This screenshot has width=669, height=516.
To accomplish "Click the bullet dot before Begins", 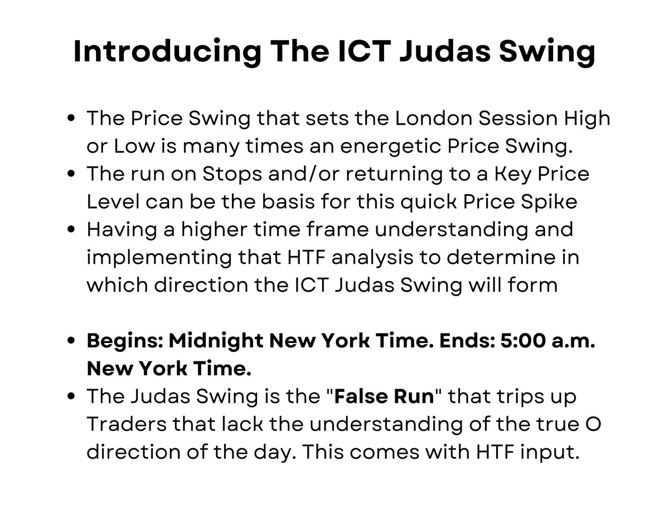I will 71,341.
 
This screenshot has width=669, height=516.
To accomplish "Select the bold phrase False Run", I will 384,397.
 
